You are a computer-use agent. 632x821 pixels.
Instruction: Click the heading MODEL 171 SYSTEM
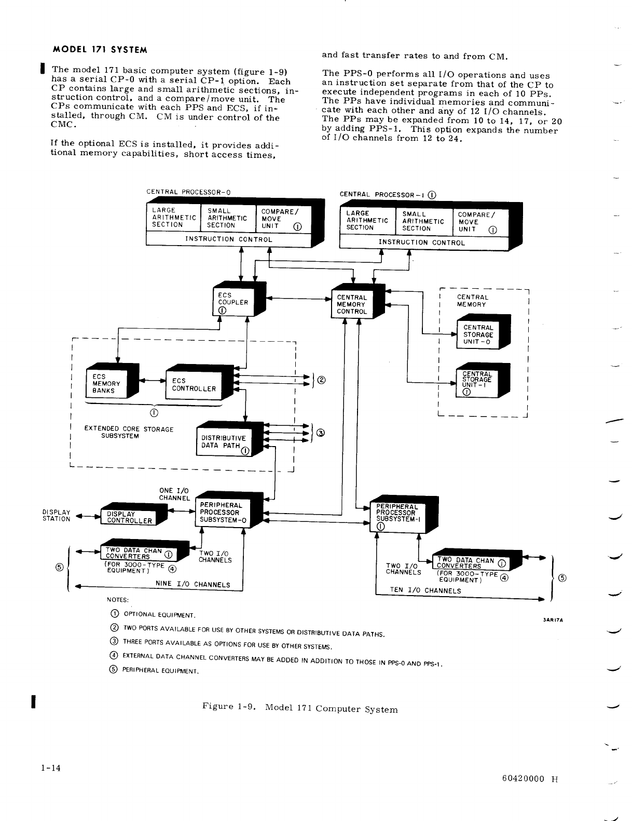101,50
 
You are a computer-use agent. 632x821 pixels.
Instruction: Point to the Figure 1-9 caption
300,708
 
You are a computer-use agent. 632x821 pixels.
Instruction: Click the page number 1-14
51,768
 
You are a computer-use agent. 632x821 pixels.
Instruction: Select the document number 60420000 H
529,778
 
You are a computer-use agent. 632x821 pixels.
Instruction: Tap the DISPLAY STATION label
56,515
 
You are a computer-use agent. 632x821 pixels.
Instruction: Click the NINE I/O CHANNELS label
193,584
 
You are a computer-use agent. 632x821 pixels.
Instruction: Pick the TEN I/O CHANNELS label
425,590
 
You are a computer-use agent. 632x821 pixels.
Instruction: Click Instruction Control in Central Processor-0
228,239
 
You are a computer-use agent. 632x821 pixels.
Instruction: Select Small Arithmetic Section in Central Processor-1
423,221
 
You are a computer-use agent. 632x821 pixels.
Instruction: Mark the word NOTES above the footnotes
118,600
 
